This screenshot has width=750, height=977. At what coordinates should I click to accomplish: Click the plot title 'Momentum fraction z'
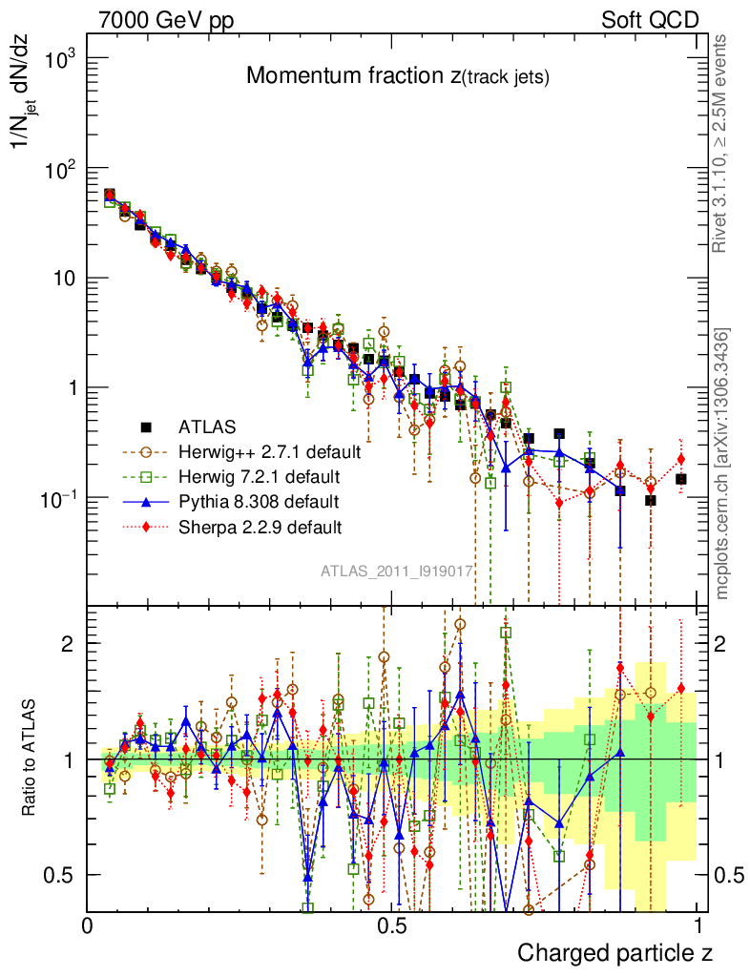point(397,77)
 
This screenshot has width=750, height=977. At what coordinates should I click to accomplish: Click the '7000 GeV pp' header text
point(166,19)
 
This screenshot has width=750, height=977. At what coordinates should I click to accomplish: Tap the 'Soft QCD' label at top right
point(650,19)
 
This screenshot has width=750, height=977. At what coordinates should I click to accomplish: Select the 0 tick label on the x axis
point(88,925)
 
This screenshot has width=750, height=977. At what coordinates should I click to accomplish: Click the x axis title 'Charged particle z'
point(615,952)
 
